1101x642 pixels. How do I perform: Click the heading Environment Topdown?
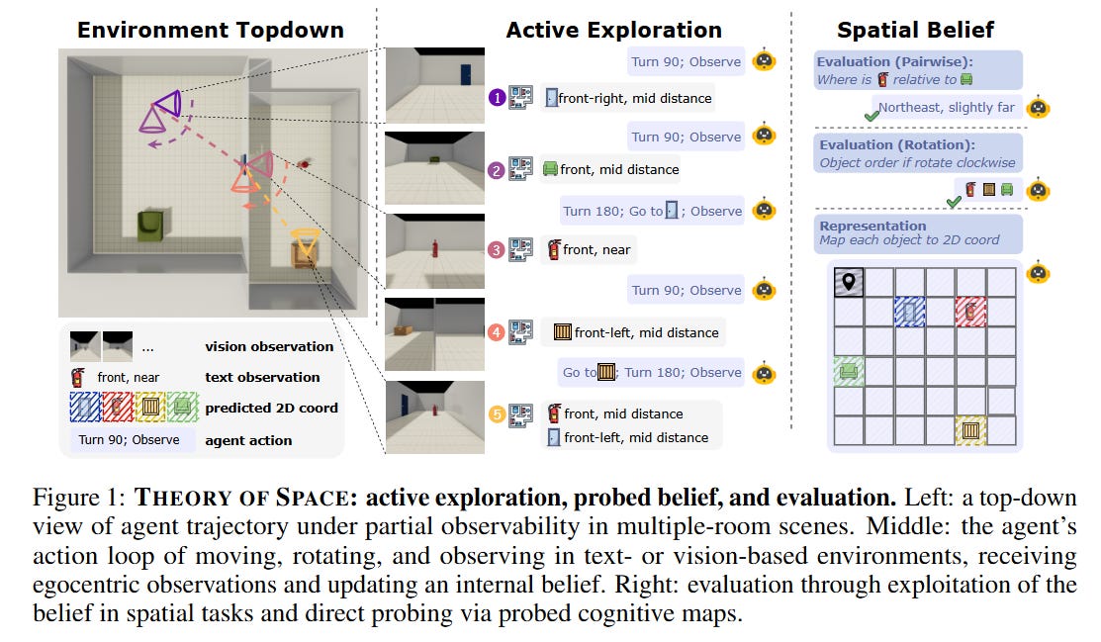click(211, 30)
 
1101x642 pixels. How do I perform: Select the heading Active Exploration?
click(613, 30)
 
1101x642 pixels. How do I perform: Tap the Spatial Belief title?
click(915, 30)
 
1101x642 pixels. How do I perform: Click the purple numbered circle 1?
click(497, 98)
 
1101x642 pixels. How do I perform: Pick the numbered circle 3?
click(497, 249)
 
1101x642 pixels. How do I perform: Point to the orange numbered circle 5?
click(497, 413)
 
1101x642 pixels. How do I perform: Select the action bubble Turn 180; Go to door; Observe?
click(652, 211)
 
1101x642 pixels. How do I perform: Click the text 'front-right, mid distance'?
click(634, 98)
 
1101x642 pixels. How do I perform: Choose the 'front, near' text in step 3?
click(596, 249)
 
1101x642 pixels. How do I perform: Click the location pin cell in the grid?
click(849, 282)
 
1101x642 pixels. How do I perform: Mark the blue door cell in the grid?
click(909, 312)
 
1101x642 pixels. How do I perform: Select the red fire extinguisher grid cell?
click(970, 312)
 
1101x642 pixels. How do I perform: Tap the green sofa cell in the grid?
click(849, 372)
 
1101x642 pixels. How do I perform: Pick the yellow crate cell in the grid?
click(970, 430)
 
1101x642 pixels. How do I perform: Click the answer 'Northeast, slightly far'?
click(947, 107)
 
